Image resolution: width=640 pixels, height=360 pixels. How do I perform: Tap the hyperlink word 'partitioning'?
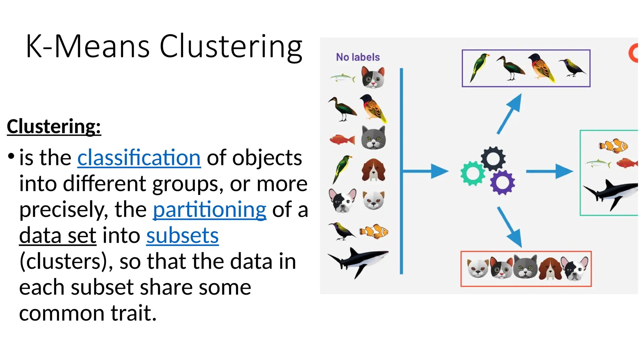click(x=209, y=209)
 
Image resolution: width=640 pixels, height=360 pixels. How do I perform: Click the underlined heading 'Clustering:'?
click(x=54, y=127)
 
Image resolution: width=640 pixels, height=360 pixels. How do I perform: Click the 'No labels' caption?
click(x=358, y=57)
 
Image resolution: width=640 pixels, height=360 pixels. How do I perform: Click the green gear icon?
click(x=472, y=173)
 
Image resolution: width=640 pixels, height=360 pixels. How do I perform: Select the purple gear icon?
click(x=502, y=182)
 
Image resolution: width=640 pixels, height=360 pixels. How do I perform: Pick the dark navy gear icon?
click(x=493, y=159)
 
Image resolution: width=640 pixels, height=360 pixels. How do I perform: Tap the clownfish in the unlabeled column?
click(x=374, y=232)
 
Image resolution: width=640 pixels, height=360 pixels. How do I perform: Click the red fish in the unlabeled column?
click(x=342, y=139)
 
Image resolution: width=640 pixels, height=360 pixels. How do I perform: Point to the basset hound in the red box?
click(x=550, y=268)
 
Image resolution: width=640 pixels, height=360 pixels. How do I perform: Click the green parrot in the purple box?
click(x=479, y=67)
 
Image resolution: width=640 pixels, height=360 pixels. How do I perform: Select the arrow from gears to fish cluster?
click(x=550, y=171)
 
